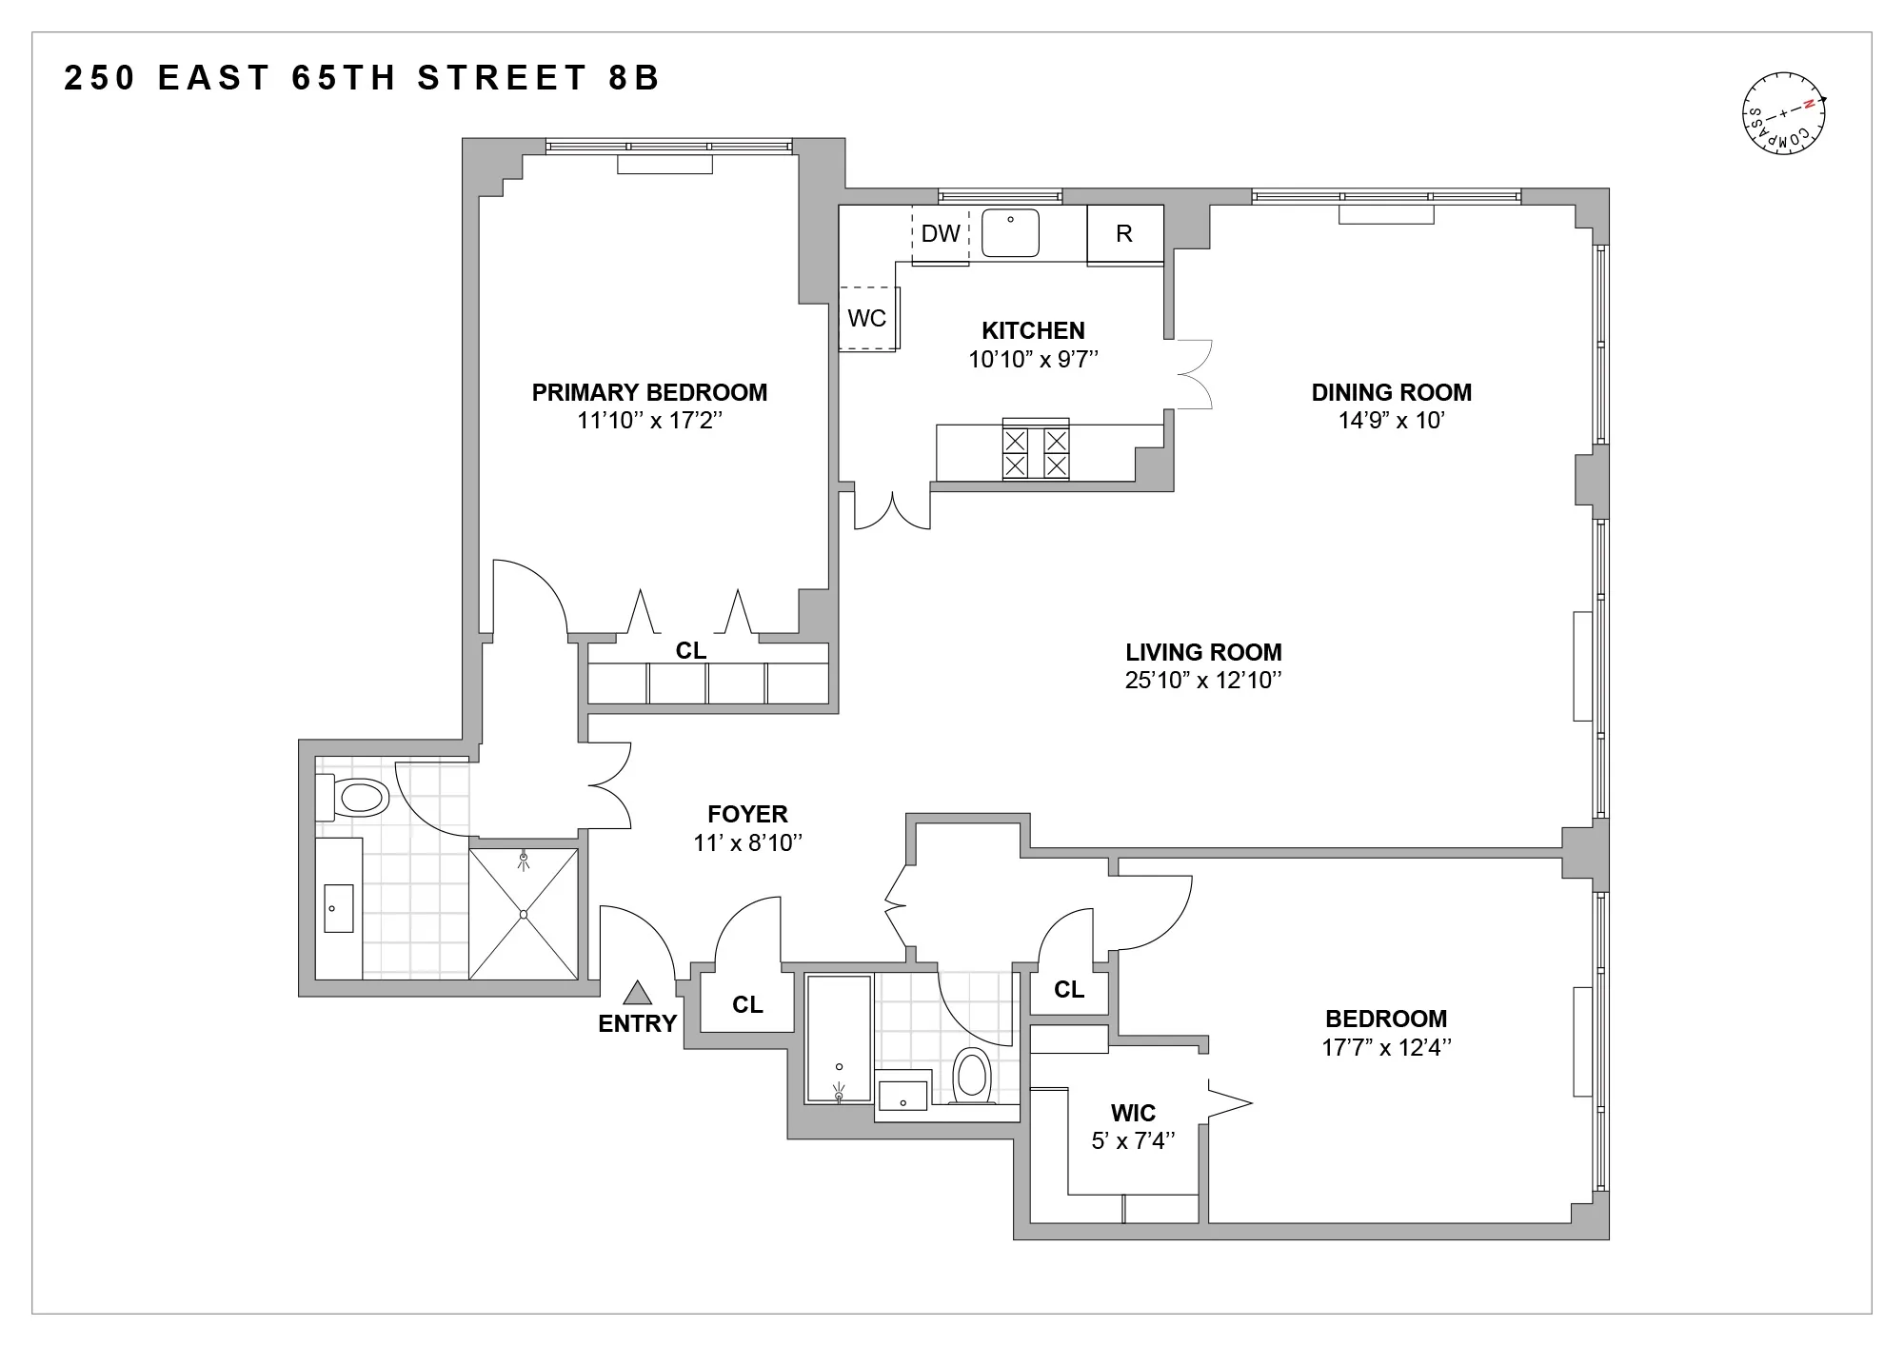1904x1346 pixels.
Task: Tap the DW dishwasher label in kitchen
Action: [941, 233]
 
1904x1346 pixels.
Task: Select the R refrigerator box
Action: [1124, 234]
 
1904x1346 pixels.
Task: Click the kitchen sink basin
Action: [1010, 234]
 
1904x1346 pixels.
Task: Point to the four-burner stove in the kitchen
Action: [1036, 452]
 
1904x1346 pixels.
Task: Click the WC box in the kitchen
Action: [867, 318]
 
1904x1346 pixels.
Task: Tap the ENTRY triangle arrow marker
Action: [637, 994]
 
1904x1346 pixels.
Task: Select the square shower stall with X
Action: [524, 914]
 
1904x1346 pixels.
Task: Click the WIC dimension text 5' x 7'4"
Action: [1133, 1140]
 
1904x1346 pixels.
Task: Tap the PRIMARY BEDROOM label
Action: [649, 392]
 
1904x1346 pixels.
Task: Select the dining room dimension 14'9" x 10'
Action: [1391, 421]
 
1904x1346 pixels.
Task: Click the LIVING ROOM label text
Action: [1203, 652]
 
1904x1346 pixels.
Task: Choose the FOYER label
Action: [747, 814]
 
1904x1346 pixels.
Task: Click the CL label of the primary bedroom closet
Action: [691, 650]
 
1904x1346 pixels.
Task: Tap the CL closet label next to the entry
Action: [747, 1004]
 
